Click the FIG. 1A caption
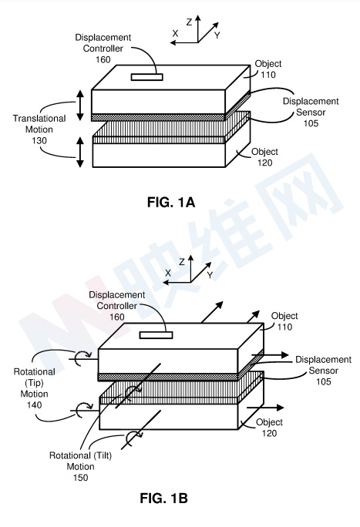[x=171, y=203]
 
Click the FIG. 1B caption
[x=163, y=498]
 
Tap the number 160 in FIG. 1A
[x=103, y=59]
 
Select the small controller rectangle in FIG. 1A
[x=147, y=77]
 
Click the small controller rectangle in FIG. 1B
[x=156, y=334]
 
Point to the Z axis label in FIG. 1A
[x=189, y=22]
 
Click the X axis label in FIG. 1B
[x=168, y=273]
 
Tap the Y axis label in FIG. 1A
[x=217, y=35]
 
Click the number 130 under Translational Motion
[x=39, y=140]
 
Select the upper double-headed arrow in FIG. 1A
[x=80, y=106]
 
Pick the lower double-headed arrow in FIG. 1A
[x=80, y=152]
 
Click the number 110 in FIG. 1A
[x=268, y=75]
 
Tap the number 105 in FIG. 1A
[x=311, y=123]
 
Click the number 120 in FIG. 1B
[x=269, y=433]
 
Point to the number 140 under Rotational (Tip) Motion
[x=34, y=404]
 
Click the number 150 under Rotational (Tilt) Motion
[x=80, y=477]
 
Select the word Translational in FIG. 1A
[x=39, y=119]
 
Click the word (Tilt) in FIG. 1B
[x=101, y=455]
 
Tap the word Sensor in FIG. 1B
[x=323, y=371]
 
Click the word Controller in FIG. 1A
[x=103, y=49]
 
